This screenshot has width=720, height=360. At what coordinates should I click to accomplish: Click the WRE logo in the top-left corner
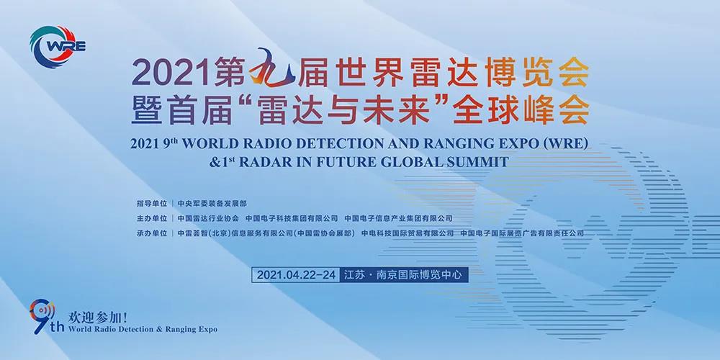pos(58,47)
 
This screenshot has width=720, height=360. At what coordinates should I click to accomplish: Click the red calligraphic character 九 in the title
pos(271,70)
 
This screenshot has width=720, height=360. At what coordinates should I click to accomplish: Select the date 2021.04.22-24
pos(296,275)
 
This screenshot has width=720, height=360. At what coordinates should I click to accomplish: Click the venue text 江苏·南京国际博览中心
pos(404,275)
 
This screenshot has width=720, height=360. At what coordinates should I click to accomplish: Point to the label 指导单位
pos(151,203)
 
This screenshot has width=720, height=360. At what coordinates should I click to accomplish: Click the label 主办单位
pos(151,218)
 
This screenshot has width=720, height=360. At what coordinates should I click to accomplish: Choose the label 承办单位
pos(151,233)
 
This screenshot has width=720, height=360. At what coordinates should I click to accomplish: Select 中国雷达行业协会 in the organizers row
pos(208,218)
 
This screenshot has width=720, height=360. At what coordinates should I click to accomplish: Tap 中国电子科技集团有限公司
pos(292,218)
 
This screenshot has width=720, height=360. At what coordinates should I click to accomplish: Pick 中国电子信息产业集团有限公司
pos(399,218)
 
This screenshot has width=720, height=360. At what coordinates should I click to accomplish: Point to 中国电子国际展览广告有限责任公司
pos(522,233)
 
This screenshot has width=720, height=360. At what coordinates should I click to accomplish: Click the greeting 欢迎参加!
pos(96,317)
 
